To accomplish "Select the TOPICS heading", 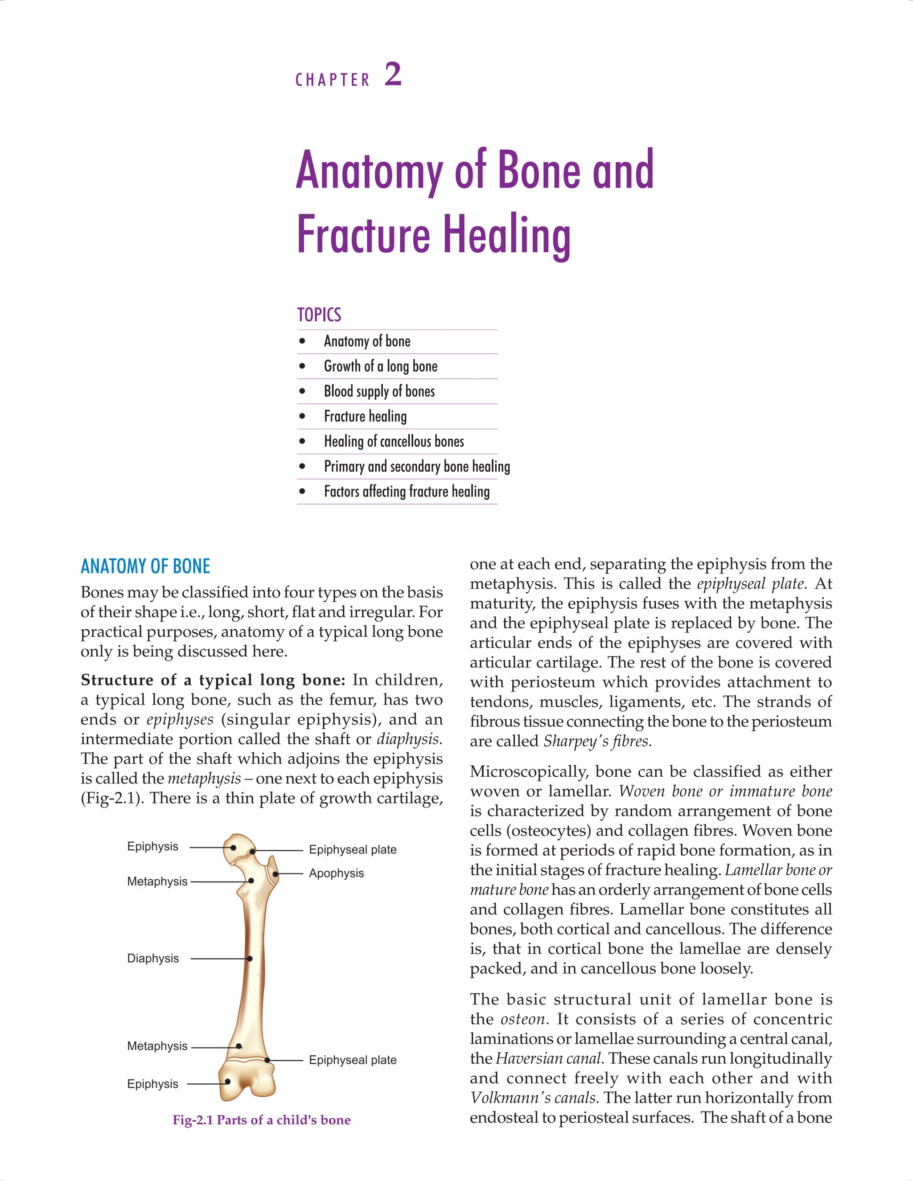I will (x=319, y=315).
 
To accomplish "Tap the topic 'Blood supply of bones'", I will (x=379, y=391).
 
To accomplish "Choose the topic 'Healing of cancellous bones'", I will (x=394, y=441).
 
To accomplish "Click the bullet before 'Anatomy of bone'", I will (x=302, y=341).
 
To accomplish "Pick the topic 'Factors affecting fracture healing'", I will (x=407, y=492).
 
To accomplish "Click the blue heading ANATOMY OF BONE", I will (x=145, y=566).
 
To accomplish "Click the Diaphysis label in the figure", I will (x=153, y=958).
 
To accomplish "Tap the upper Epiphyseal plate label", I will (x=353, y=849).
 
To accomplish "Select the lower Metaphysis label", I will (x=157, y=1046).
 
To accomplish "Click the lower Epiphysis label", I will (x=152, y=1084).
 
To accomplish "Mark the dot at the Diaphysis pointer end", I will (x=250, y=959).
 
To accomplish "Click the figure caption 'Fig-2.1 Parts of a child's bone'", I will (x=261, y=1120).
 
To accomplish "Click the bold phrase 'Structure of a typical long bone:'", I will (x=213, y=680).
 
